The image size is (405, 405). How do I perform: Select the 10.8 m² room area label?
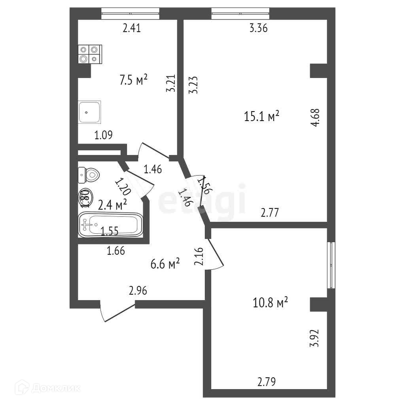pos(270,303)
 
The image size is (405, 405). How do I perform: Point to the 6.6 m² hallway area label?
pos(165,264)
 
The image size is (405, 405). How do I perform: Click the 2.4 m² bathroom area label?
pos(112,204)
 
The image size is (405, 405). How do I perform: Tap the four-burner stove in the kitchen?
pos(89,55)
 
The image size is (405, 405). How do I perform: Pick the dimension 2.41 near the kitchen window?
pos(132,28)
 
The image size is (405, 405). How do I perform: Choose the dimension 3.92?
pos(314,338)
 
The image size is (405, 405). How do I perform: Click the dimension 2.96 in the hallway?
pos(138,291)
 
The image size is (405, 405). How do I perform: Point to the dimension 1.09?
pos(104,135)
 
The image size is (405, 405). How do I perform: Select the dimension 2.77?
pos(270,213)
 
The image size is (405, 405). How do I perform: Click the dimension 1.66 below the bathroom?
pos(116,250)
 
